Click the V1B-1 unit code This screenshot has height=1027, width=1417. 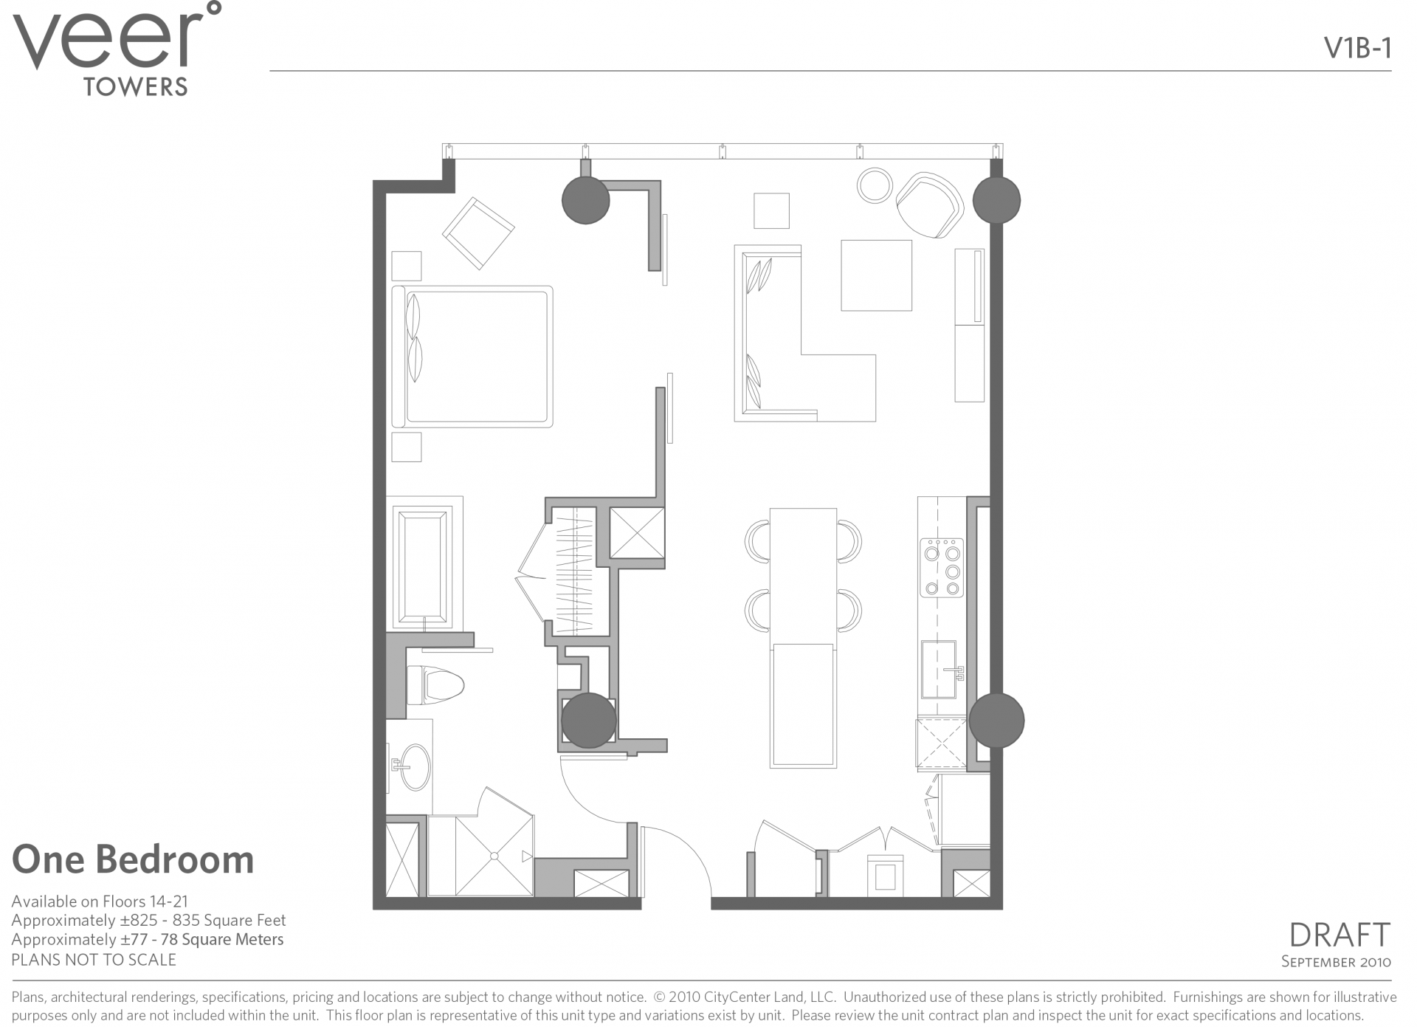1357,48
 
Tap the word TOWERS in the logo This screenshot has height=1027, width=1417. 136,87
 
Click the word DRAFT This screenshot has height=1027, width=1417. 1339,935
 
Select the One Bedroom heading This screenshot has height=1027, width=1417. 133,860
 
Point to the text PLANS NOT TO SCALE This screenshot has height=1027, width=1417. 94,960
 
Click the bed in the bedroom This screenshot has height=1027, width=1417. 472,357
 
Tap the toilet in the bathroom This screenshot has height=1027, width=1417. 435,685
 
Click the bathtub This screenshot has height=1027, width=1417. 423,566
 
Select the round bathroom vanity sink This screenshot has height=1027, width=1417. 412,766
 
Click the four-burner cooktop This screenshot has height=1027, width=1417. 942,568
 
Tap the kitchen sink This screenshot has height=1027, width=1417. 939,670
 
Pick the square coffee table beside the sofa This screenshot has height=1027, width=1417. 876,275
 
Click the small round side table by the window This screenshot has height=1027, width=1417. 875,186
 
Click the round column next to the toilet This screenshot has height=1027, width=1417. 588,720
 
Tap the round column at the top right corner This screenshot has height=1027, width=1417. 996,199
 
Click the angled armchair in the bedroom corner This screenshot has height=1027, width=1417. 478,233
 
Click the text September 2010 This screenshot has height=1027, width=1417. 1336,961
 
